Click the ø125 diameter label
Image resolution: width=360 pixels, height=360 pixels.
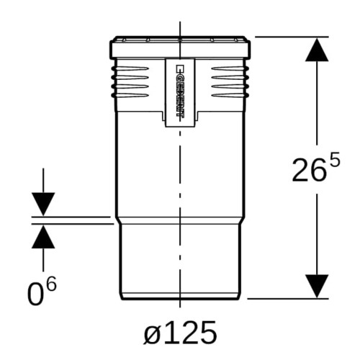coord(180,333)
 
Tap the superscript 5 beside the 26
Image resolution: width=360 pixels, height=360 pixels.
coord(334,159)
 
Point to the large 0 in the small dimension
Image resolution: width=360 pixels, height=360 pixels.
coord(35,294)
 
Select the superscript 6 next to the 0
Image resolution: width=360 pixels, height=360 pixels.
coord(51,284)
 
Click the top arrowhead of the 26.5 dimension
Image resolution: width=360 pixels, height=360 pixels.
coord(317,50)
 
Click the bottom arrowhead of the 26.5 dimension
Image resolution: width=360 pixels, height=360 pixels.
coord(317,287)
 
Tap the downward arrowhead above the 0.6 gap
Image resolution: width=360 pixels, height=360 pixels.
coord(43,204)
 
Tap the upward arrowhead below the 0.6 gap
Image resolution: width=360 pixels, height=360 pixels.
coord(43,236)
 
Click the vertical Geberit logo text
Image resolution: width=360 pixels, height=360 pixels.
coord(180,91)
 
